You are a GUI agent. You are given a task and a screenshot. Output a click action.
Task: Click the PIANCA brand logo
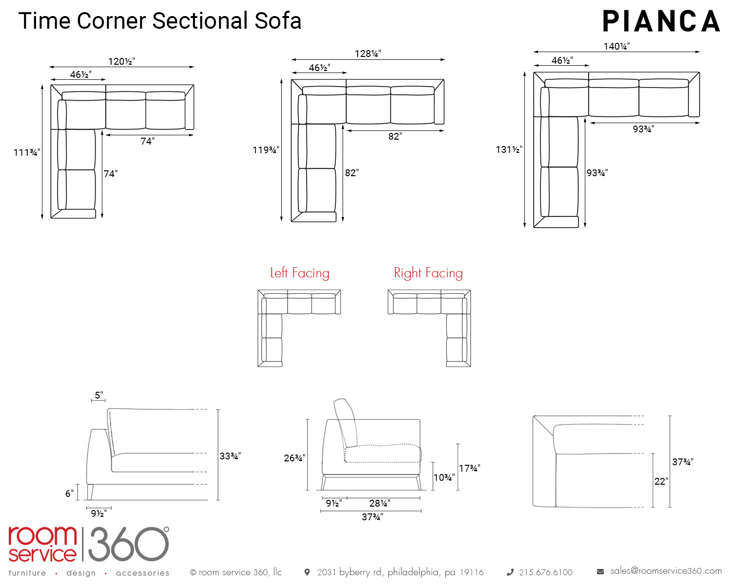pos(661,22)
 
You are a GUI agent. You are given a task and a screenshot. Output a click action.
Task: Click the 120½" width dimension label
pos(121,61)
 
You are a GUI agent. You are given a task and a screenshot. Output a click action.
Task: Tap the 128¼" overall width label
pos(368,54)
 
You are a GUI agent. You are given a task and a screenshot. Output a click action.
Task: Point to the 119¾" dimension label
pos(266,150)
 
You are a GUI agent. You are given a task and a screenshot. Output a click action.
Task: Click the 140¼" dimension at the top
pos(616,46)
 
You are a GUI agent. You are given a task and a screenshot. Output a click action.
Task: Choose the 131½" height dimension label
pos(509,149)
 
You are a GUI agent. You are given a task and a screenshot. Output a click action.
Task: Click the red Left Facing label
pos(300,273)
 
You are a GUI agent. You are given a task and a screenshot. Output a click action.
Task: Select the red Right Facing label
pos(428,273)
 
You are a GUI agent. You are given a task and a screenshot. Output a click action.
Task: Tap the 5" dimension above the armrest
pos(99,395)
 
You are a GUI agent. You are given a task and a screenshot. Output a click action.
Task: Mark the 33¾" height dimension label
pos(230,456)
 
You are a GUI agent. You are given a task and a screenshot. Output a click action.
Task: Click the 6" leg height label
pos(70,493)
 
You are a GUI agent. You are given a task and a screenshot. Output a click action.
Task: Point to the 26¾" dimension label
pos(294,458)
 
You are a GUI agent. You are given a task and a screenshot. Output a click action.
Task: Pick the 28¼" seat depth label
pos(380,503)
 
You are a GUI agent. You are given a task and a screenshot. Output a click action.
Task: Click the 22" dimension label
pos(661,481)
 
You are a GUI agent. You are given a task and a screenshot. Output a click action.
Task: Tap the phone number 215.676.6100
pos(546,572)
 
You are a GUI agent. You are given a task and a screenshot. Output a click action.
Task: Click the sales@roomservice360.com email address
pos(666,571)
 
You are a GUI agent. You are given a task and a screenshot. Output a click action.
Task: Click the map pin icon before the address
pos(307,572)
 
